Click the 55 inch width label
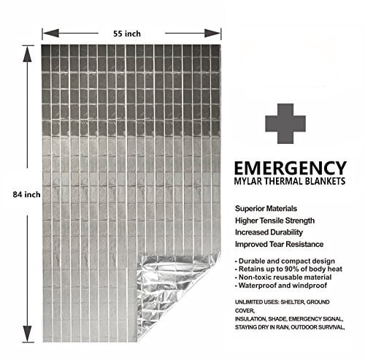(127, 34)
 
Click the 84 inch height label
(26, 194)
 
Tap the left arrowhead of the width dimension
(50, 33)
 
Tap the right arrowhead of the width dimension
(212, 33)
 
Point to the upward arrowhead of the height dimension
(27, 54)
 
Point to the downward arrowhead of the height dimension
(27, 334)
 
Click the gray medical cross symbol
(285, 123)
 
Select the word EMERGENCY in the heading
(291, 168)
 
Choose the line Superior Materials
(266, 209)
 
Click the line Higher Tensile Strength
(274, 221)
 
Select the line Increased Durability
(269, 232)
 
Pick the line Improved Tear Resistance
(279, 244)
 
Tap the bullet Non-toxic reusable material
(283, 277)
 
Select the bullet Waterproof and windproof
(281, 286)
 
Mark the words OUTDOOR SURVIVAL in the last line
(318, 327)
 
